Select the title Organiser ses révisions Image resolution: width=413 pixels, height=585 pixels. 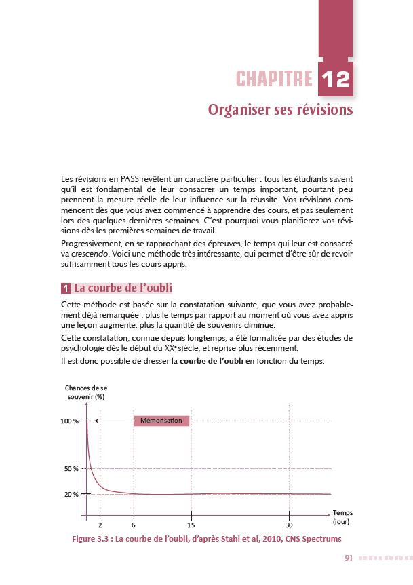tap(280, 109)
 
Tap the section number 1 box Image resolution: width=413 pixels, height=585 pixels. tap(65, 287)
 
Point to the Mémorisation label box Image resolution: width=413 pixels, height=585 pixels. tap(161, 421)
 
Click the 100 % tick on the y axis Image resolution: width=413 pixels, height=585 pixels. tap(71, 421)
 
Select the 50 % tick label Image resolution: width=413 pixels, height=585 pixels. tap(73, 469)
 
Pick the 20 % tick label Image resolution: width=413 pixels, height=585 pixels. tap(73, 494)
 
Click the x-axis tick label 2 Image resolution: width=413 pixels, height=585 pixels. tap(100, 525)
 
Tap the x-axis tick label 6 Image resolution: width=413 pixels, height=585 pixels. tap(134, 525)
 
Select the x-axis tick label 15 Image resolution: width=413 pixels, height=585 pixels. tap(191, 525)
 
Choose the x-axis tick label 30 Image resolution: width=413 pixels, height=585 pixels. tap(289, 525)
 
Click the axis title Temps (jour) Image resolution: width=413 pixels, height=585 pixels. tap(343, 518)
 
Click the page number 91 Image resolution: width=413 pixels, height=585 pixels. tap(348, 558)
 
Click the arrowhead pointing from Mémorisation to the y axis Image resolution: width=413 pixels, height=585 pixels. tap(96, 421)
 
